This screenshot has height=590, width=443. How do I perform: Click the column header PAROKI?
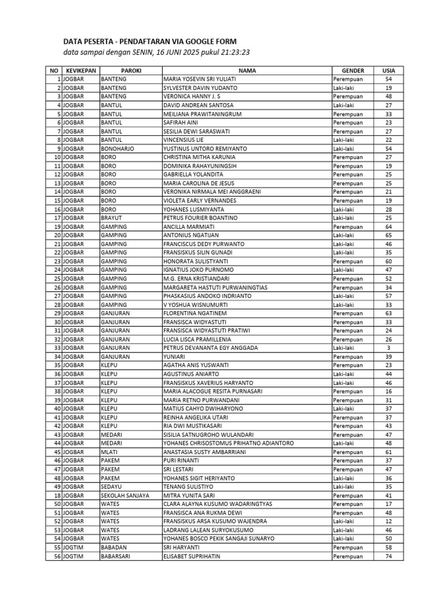click(x=131, y=70)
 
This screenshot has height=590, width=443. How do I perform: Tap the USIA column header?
click(x=389, y=70)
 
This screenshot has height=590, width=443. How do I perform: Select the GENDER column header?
click(x=352, y=70)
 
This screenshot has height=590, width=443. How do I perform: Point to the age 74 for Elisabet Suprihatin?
click(x=389, y=557)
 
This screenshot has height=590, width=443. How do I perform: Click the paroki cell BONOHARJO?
click(x=117, y=149)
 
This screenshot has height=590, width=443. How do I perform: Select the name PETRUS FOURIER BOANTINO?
click(x=200, y=218)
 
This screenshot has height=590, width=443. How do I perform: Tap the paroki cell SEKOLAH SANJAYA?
click(x=125, y=496)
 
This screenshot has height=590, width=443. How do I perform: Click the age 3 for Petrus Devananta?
click(x=389, y=348)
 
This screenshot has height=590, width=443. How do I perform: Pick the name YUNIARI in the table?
click(x=175, y=357)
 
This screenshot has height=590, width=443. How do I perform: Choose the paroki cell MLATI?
click(x=109, y=452)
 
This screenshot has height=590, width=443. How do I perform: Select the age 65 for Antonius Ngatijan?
click(x=389, y=235)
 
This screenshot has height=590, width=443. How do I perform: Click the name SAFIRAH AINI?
click(x=181, y=122)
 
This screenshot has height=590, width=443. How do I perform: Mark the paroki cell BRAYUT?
click(x=111, y=218)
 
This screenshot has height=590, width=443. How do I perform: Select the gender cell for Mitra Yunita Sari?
click(x=348, y=496)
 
